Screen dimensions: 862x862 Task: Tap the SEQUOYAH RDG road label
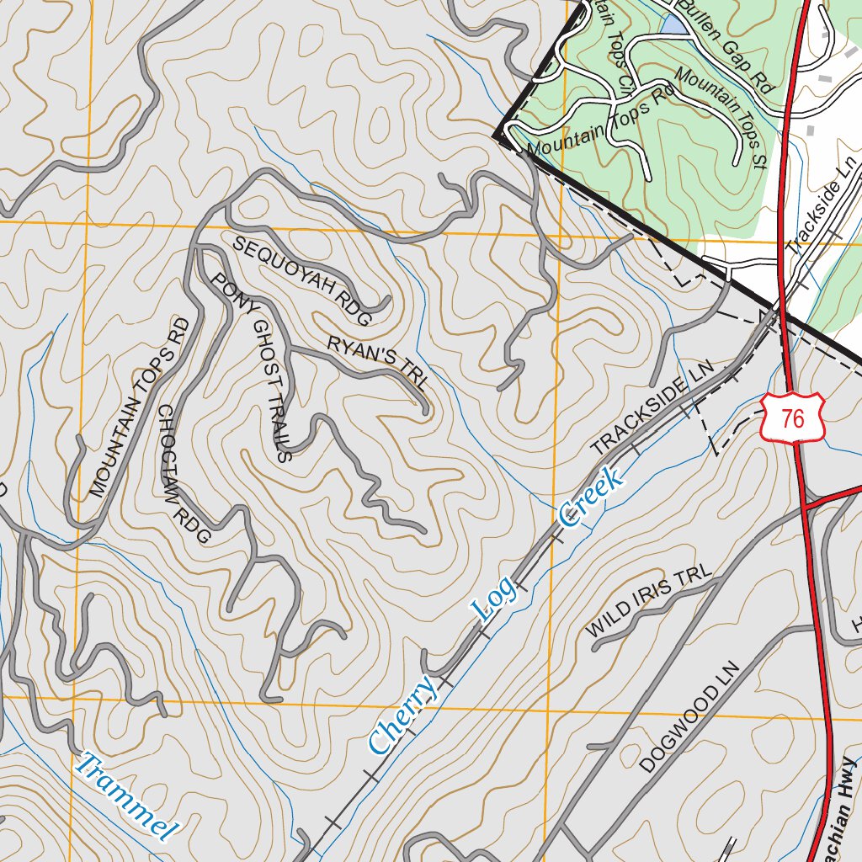click(x=302, y=281)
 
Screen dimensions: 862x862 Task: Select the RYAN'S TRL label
click(x=378, y=362)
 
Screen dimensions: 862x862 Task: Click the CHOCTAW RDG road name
click(x=183, y=474)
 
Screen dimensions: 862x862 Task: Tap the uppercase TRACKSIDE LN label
click(x=652, y=408)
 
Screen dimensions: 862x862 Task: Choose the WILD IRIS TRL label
click(x=648, y=601)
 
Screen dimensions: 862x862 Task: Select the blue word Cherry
click(x=403, y=715)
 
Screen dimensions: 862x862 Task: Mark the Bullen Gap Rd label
click(x=725, y=46)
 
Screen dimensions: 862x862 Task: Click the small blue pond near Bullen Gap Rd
click(x=674, y=24)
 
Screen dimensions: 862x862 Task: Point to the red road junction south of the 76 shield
click(x=805, y=507)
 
